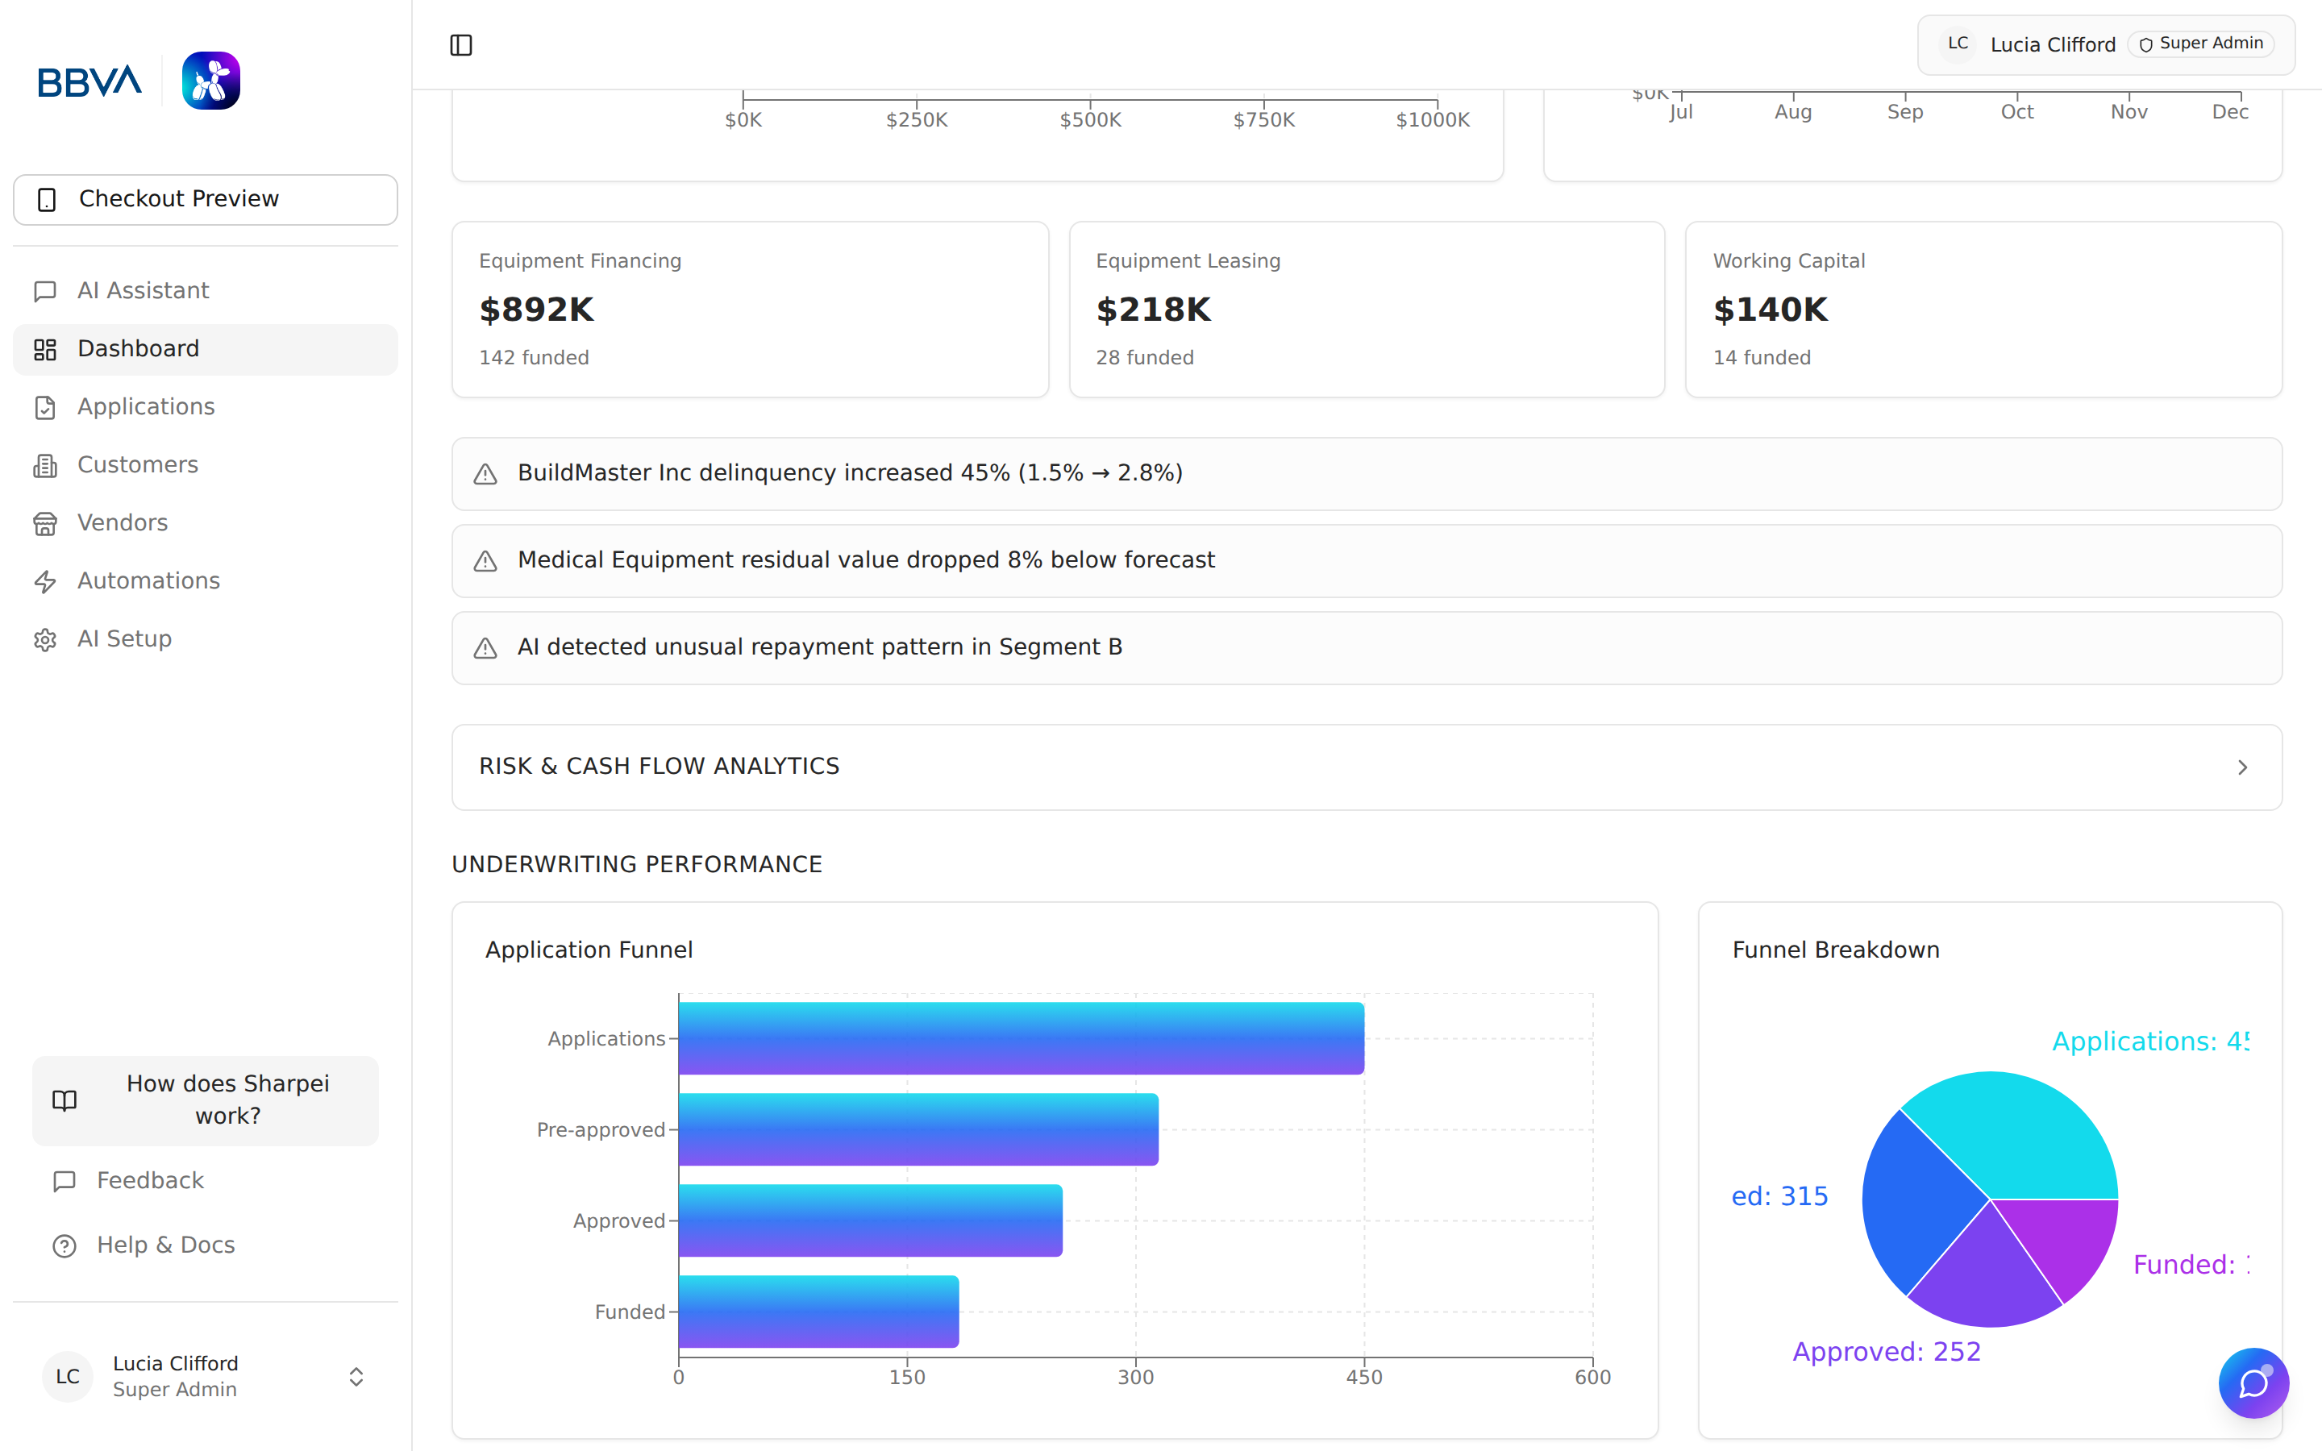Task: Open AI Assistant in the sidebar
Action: (x=142, y=291)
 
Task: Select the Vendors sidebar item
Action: (x=122, y=523)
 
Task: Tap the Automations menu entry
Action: (x=148, y=580)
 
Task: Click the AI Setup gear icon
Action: (x=45, y=640)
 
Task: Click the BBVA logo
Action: (x=89, y=81)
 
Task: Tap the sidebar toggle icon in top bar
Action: (x=460, y=45)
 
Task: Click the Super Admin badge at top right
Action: (x=2200, y=44)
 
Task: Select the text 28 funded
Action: (x=1145, y=358)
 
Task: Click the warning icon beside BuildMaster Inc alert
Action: (x=485, y=474)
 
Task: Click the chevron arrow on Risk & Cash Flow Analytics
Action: (x=2242, y=767)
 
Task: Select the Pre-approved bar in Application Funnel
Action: (x=918, y=1129)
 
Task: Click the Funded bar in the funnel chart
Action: (x=818, y=1311)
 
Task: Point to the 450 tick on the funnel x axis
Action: (x=1363, y=1377)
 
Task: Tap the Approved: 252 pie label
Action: (x=1886, y=1351)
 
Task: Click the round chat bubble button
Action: (x=2253, y=1382)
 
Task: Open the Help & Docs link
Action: (x=165, y=1245)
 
